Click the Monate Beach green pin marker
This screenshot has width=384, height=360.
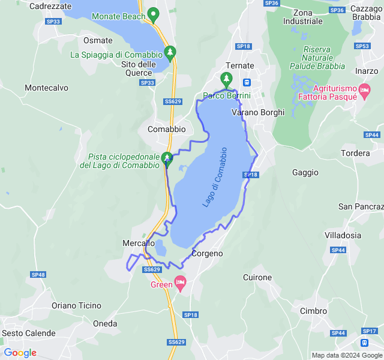tap(153, 14)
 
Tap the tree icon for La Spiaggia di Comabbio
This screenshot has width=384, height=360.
tap(170, 53)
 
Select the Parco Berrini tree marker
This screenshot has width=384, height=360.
tap(226, 79)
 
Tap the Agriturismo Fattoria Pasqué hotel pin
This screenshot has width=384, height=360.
tap(364, 91)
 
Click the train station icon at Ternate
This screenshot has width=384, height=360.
tap(247, 82)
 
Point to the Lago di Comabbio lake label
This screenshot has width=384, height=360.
tap(215, 177)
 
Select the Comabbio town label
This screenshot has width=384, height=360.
tap(166, 129)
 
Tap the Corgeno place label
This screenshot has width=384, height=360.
tap(207, 254)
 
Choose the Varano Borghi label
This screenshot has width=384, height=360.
tap(258, 112)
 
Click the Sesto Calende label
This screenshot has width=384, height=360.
tap(28, 333)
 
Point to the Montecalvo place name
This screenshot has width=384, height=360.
tap(46, 88)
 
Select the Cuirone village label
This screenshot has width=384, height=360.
tap(257, 278)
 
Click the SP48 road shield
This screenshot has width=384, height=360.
tap(38, 275)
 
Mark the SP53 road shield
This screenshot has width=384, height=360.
tap(362, 46)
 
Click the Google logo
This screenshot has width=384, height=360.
tap(20, 353)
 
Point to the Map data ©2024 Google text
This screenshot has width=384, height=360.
tap(346, 355)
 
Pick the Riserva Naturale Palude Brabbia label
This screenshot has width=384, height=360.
tap(324, 58)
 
